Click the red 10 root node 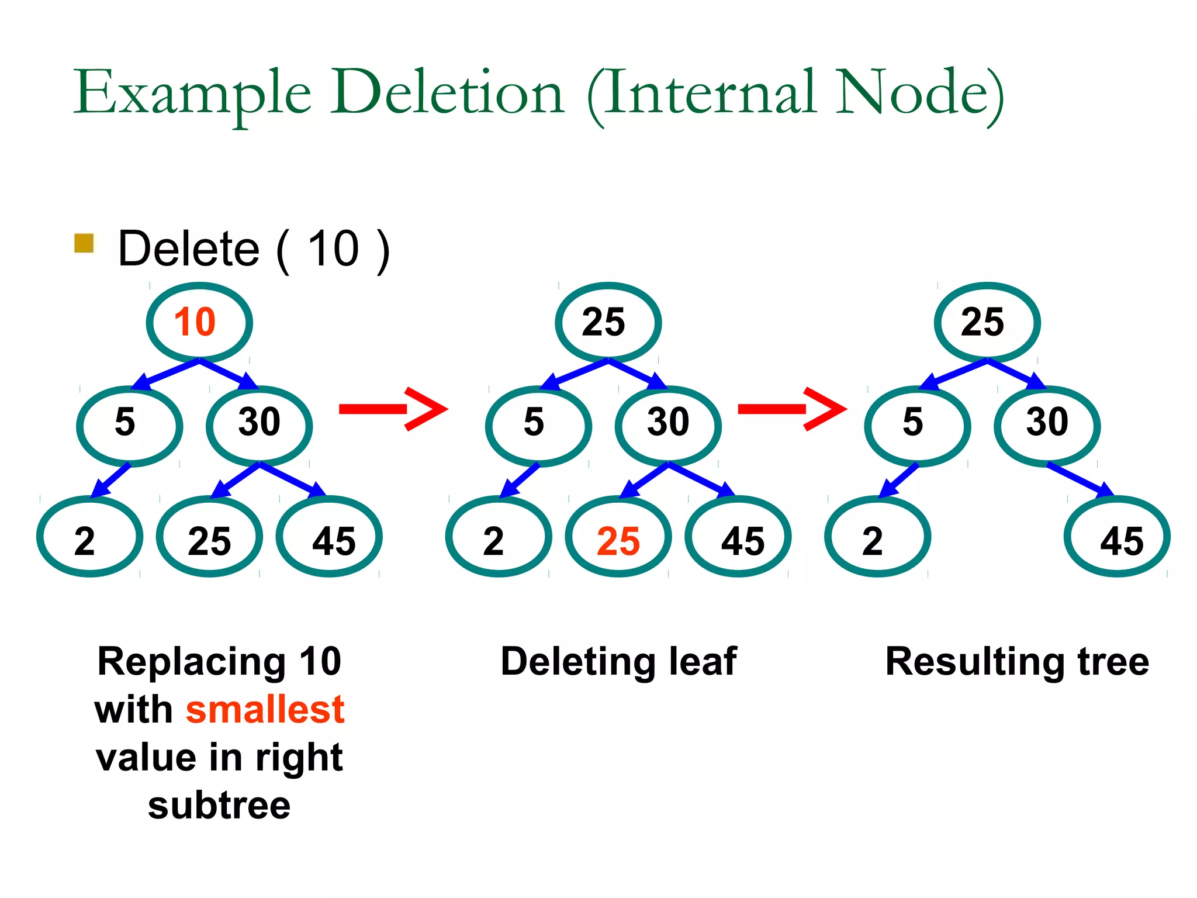point(199,322)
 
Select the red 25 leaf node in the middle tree point(618,537)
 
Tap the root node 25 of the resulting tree point(987,322)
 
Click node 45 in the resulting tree point(1116,537)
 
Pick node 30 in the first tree point(259,425)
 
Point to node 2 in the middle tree point(498,537)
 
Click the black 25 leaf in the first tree point(209,537)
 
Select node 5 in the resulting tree point(916,425)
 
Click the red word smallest point(265,710)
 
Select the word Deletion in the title point(447,94)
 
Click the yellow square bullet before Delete point(84,243)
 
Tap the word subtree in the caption point(219,806)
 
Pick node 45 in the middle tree point(738,537)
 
